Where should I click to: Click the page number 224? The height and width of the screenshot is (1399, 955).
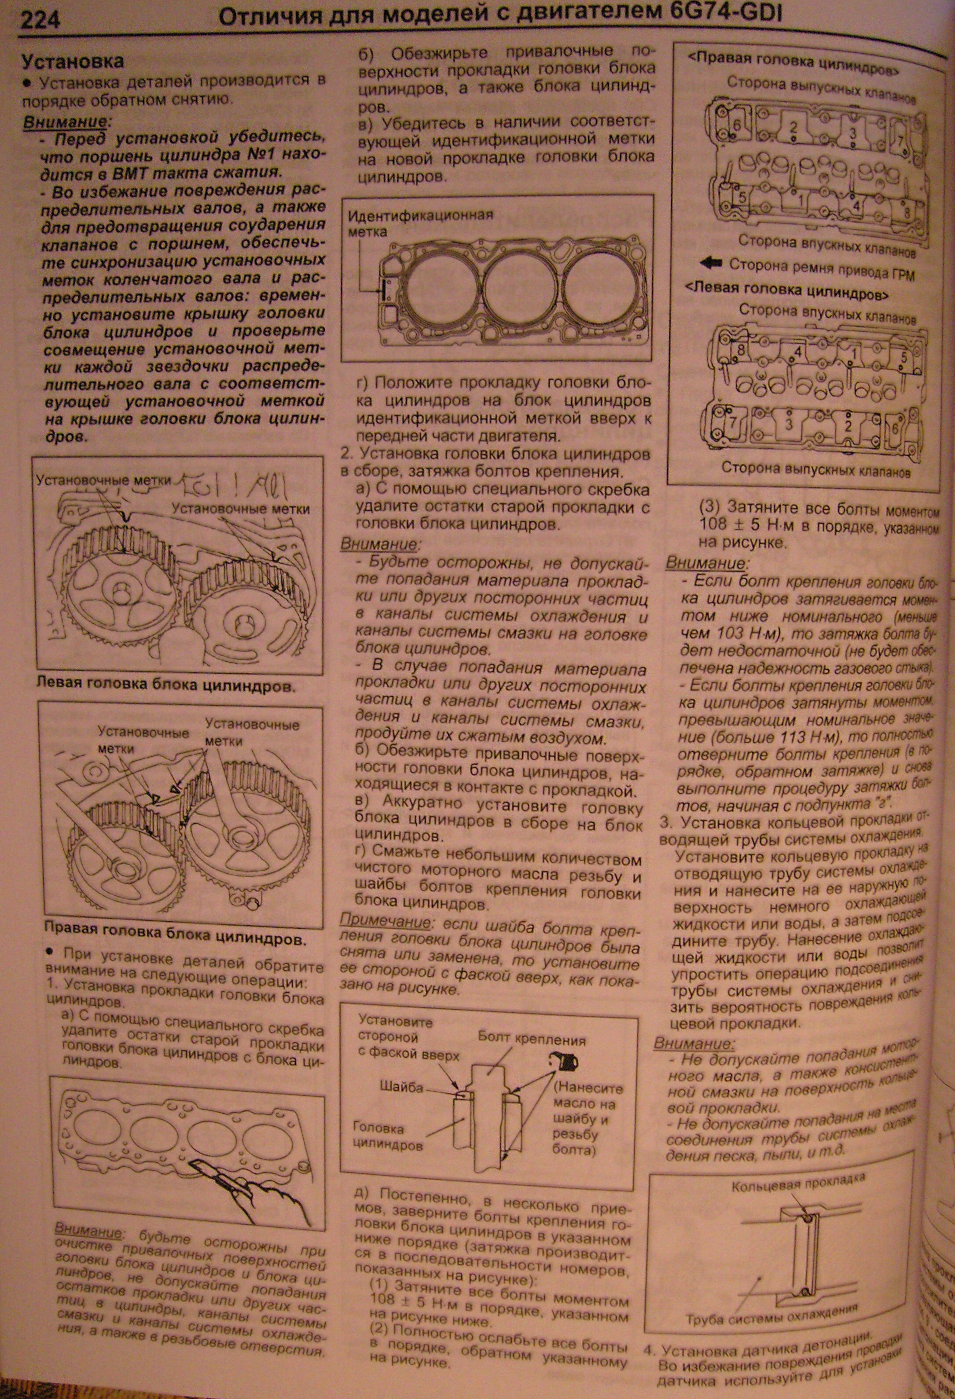coord(40,21)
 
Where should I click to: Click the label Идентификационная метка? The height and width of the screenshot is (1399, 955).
coord(420,223)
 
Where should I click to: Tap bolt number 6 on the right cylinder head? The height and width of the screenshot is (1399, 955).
coord(736,125)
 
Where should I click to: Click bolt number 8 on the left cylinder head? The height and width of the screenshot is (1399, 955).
coord(739,350)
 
